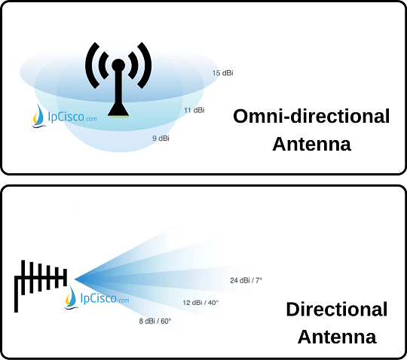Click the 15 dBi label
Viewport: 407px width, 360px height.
tap(222, 73)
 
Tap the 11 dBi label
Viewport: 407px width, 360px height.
tap(194, 110)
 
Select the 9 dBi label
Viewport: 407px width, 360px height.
tap(161, 139)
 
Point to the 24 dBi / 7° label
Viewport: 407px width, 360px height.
tap(246, 280)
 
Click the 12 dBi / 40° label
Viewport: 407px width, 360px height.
tap(200, 303)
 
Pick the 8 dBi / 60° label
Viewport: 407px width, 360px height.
tap(155, 321)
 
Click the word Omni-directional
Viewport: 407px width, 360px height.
tap(311, 116)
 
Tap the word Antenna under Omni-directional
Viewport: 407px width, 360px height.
tap(312, 144)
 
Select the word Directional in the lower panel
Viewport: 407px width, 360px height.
tap(337, 310)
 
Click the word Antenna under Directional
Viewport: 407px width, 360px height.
tap(337, 337)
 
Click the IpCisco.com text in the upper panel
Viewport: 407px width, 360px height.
tap(72, 117)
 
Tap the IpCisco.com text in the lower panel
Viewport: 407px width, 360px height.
tap(105, 297)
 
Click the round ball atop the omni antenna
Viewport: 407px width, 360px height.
tap(118, 65)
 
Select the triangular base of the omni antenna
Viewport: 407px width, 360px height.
tap(118, 109)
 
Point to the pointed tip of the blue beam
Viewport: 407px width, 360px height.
tap(75, 279)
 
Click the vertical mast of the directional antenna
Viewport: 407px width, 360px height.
tap(16, 294)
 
